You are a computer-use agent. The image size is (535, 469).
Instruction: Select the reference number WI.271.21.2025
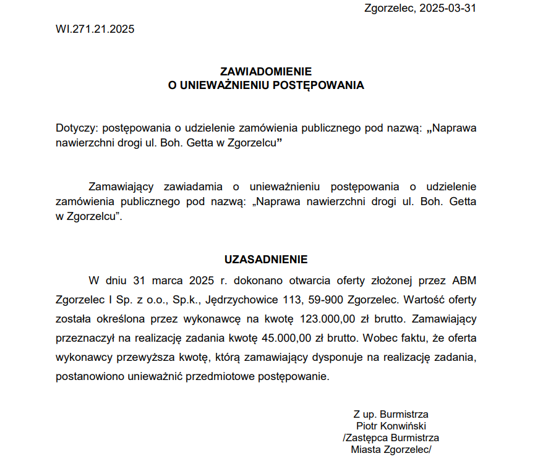pyautogui.click(x=95, y=29)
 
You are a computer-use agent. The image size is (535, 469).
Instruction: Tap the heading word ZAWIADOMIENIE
pyautogui.click(x=266, y=72)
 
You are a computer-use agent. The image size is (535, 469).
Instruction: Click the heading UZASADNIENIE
pyautogui.click(x=266, y=260)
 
